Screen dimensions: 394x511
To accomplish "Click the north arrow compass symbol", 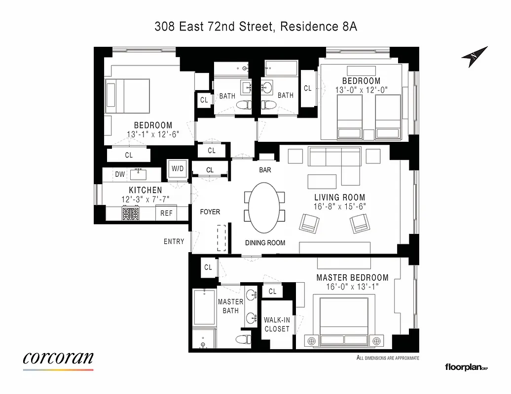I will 474,57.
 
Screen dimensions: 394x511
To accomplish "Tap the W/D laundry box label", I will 178,169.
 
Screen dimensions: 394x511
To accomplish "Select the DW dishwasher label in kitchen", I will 120,174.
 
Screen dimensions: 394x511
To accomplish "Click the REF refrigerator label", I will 167,213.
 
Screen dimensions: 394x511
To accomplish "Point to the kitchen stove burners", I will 131,213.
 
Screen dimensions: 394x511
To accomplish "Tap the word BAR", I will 265,170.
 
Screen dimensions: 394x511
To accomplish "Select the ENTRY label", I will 174,241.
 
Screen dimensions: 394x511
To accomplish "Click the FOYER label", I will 210,212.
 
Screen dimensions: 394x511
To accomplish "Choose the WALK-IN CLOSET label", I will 277,324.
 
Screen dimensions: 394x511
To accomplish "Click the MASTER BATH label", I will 230,306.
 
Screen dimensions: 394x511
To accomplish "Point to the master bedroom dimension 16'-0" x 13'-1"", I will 352,287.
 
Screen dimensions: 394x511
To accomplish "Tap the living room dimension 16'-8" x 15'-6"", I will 340,207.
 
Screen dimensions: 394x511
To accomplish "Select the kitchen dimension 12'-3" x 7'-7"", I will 145,199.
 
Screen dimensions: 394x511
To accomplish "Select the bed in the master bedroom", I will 344,320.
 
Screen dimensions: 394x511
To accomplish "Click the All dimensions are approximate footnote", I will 387,358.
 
